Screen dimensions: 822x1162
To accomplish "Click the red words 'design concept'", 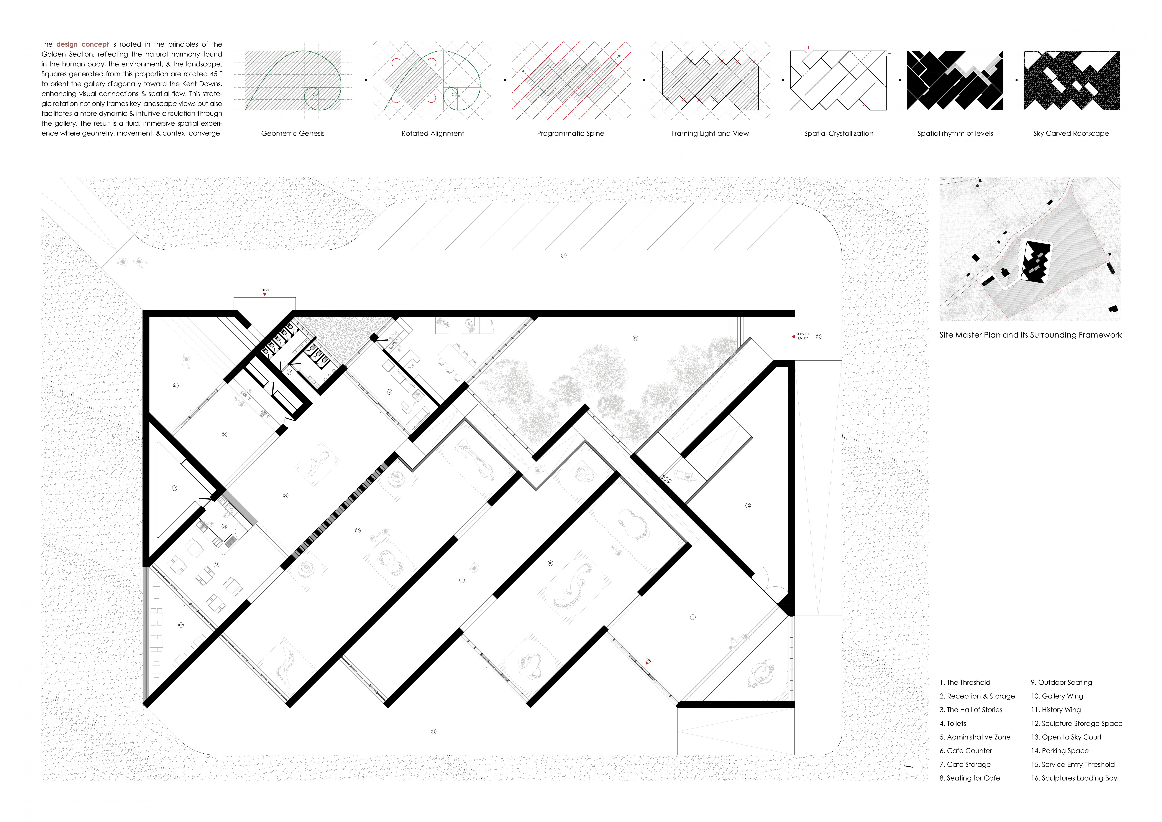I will (82, 44).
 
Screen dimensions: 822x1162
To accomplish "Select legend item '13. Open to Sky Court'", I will (1066, 737).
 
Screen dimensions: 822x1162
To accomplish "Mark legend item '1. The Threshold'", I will (965, 682).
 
